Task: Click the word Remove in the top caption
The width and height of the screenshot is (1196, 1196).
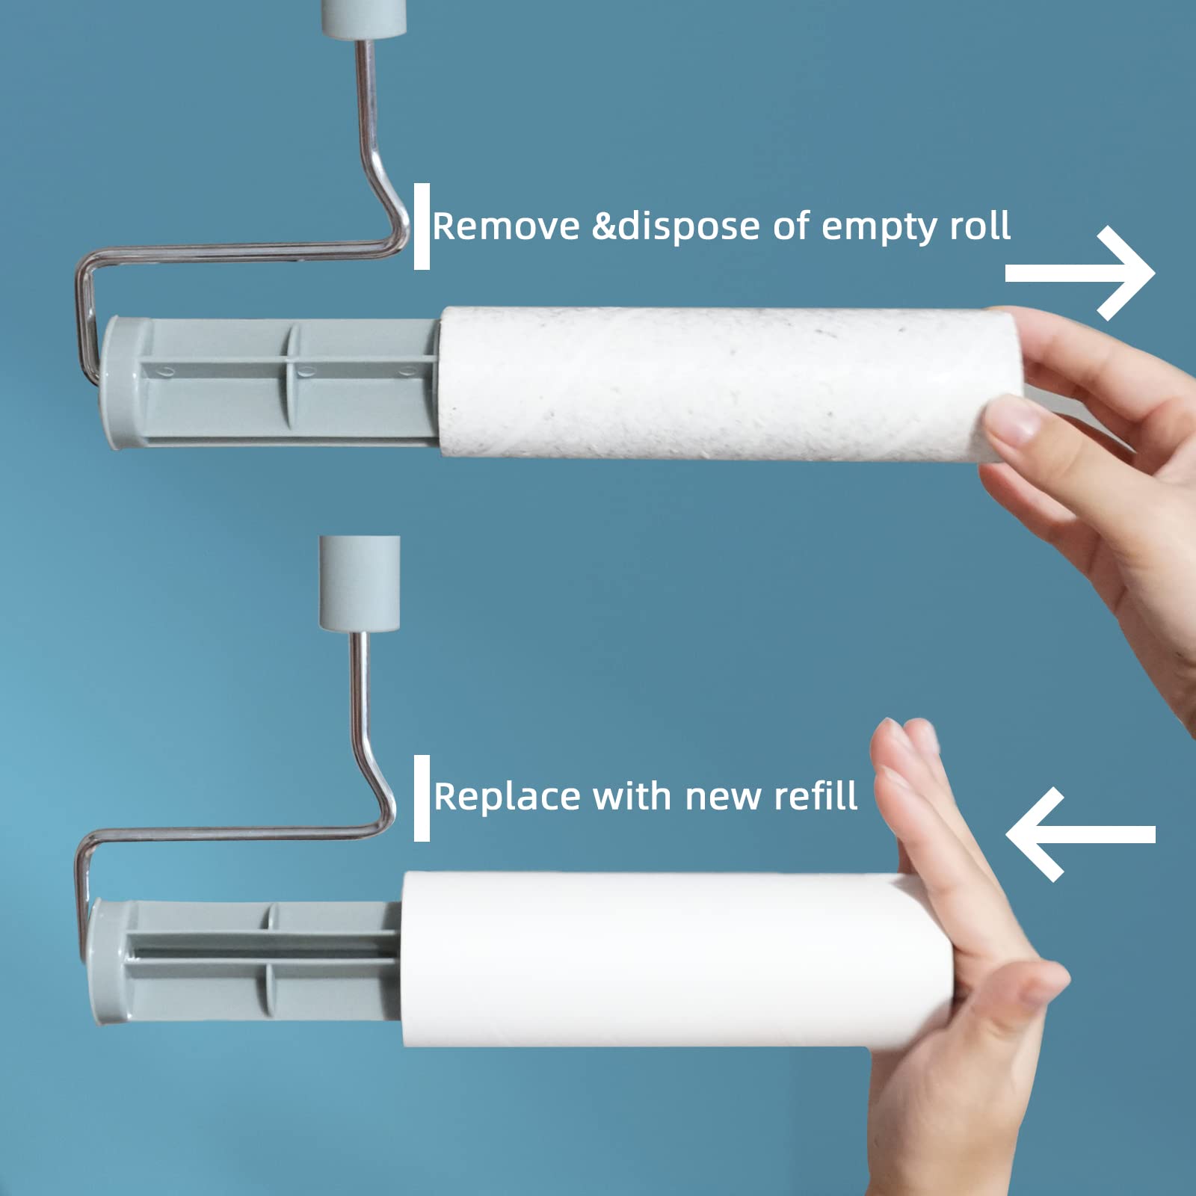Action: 506,226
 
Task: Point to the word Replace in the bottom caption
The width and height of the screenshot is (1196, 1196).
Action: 506,797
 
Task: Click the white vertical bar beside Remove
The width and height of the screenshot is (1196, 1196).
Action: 422,226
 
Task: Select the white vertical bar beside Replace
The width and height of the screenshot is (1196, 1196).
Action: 422,798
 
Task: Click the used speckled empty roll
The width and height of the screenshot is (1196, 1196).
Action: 718,383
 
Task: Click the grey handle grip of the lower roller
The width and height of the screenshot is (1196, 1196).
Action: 360,583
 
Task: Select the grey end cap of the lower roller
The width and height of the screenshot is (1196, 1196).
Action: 104,962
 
